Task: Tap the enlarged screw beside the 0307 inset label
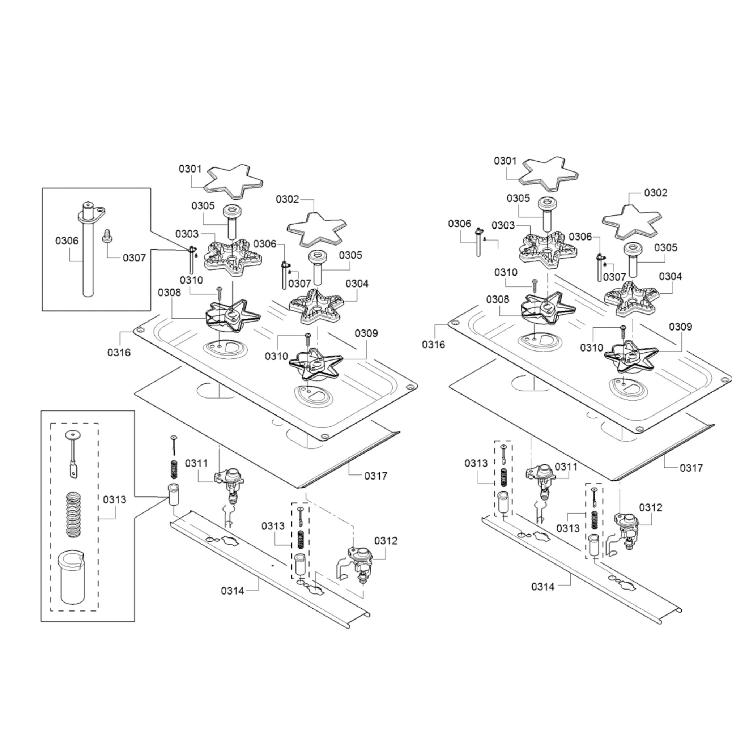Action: tap(106, 235)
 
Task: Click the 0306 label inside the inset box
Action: tap(67, 241)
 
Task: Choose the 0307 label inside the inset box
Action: tap(134, 258)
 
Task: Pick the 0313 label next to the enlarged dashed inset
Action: tap(114, 500)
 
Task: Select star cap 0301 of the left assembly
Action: tap(233, 181)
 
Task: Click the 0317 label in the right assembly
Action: tap(691, 468)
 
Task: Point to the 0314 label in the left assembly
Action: tap(233, 590)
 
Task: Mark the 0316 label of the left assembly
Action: tap(119, 352)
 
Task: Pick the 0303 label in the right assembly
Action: tap(503, 225)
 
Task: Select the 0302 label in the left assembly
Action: tap(288, 199)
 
